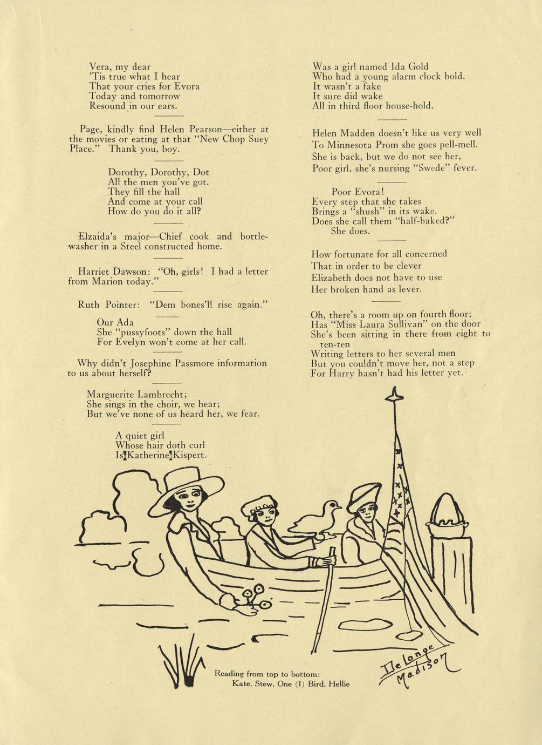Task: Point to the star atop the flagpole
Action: [395, 395]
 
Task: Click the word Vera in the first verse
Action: [100, 67]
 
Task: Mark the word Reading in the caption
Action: [229, 674]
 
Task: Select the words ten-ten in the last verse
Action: [335, 344]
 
